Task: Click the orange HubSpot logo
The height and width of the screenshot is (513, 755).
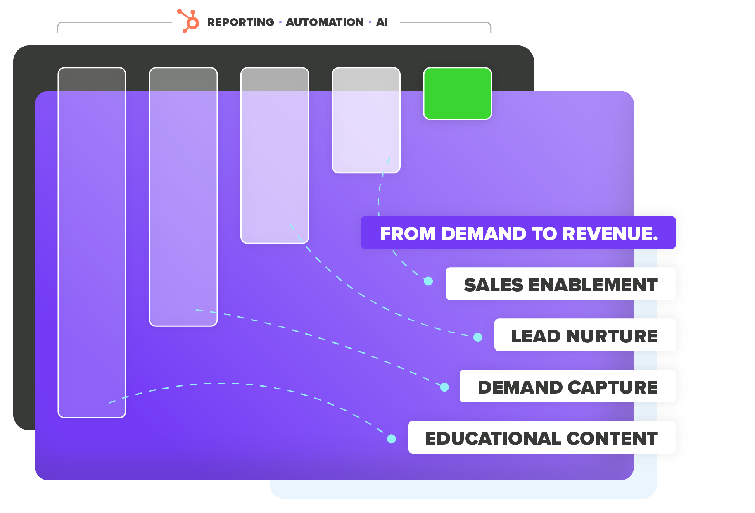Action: click(189, 21)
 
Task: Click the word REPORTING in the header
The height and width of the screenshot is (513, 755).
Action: click(240, 22)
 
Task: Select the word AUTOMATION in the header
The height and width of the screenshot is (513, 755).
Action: click(325, 22)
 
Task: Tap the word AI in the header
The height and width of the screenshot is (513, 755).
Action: click(382, 22)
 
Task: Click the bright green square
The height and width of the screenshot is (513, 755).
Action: click(457, 93)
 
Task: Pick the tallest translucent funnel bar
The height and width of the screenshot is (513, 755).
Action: click(92, 242)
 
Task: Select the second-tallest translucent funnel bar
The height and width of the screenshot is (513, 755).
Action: click(183, 197)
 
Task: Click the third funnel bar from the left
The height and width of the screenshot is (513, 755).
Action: click(275, 155)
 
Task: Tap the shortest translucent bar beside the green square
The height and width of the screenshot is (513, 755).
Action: click(366, 120)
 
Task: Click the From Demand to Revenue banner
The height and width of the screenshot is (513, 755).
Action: click(518, 233)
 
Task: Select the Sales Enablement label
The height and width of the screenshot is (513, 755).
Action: click(560, 284)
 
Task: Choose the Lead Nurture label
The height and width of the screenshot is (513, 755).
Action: click(584, 335)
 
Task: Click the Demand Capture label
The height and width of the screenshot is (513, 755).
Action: click(567, 387)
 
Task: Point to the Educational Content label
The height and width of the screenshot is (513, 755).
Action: click(541, 438)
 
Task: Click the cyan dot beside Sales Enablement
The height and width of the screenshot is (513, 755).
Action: click(428, 281)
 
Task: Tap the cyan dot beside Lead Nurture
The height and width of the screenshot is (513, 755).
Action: click(478, 337)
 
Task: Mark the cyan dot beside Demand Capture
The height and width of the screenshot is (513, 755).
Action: click(444, 387)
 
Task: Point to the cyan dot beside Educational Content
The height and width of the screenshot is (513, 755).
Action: click(391, 439)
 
